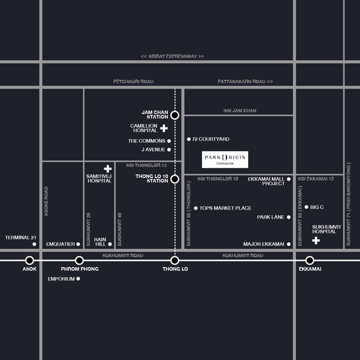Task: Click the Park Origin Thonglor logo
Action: [x=225, y=159]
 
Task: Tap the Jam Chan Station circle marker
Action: [x=174, y=115]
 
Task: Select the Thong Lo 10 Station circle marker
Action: [x=174, y=179]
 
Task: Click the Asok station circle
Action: [x=29, y=260]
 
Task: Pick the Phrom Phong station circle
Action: [x=79, y=260]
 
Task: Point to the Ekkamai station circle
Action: [x=309, y=260]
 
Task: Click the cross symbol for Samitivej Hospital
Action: [x=107, y=169]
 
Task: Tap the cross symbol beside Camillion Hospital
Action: [x=163, y=128]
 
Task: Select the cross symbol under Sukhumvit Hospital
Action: [x=316, y=240]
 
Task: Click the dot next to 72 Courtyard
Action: [x=188, y=139]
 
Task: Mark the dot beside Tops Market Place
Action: [x=195, y=208]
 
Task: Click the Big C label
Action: [x=316, y=207]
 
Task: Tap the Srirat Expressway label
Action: [x=172, y=56]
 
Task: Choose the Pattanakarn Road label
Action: [x=245, y=81]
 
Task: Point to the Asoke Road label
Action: [x=46, y=201]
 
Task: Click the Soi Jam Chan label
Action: [x=239, y=110]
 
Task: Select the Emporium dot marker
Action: [x=78, y=278]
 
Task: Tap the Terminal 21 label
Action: [x=20, y=237]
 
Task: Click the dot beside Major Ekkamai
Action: [x=288, y=244]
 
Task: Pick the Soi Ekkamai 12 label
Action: [x=315, y=179]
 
